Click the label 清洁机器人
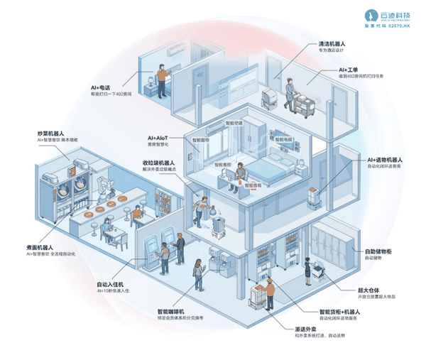[x=332, y=43]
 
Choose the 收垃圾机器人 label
[x=160, y=163]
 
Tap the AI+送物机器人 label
[x=385, y=159]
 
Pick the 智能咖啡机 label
[x=171, y=312]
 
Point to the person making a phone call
[x=161, y=75]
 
